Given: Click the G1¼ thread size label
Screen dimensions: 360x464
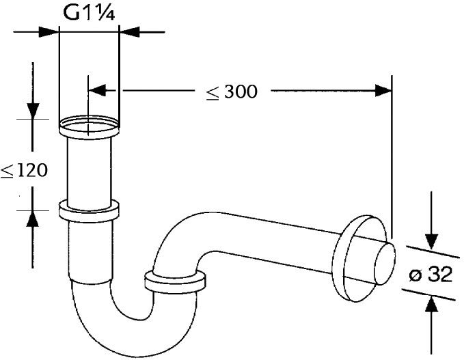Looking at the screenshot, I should [90, 13].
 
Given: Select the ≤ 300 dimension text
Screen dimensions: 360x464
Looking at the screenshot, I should [232, 91].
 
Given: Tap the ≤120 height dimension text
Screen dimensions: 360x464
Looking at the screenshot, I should [25, 170].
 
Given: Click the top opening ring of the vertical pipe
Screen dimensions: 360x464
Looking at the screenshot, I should [90, 125].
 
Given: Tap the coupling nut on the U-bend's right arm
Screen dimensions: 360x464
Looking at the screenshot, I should [176, 282].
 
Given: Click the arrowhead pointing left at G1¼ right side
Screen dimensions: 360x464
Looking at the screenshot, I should [130, 31].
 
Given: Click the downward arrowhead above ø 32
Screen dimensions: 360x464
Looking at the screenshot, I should [431, 240].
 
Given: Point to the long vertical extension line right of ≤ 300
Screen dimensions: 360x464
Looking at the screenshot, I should [392, 157].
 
